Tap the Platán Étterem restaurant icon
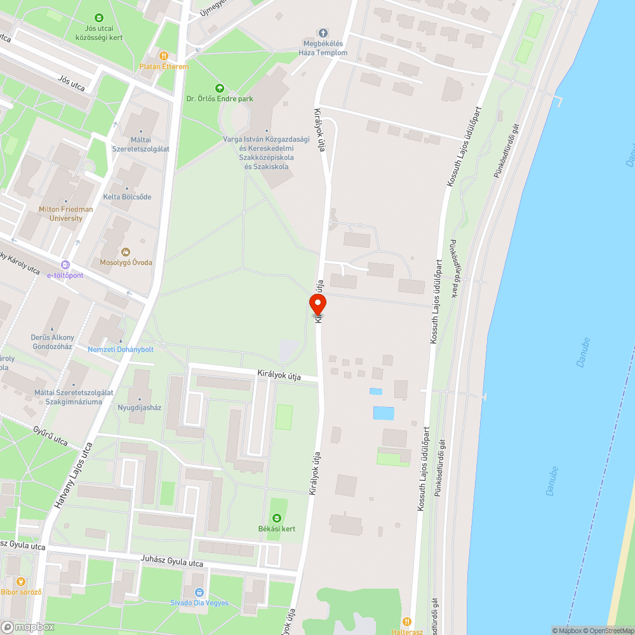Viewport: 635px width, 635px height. [164, 56]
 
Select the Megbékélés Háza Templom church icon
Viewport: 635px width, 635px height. [323, 33]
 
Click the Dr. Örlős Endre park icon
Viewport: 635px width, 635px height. [220, 88]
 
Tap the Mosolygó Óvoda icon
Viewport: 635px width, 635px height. [125, 252]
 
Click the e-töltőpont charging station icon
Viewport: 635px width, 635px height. [65, 265]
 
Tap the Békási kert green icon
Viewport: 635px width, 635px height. [276, 519]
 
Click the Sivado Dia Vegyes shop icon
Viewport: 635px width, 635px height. [199, 592]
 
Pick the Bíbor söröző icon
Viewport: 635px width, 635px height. [21, 581]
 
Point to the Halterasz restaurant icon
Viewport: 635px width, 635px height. [407, 622]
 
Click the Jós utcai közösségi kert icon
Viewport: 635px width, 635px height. [98, 18]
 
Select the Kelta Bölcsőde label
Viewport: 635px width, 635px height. [128, 197]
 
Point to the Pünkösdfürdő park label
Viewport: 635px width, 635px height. [455, 269]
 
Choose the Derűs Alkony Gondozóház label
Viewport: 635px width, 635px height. [52, 342]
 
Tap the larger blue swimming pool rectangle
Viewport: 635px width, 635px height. [384, 413]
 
